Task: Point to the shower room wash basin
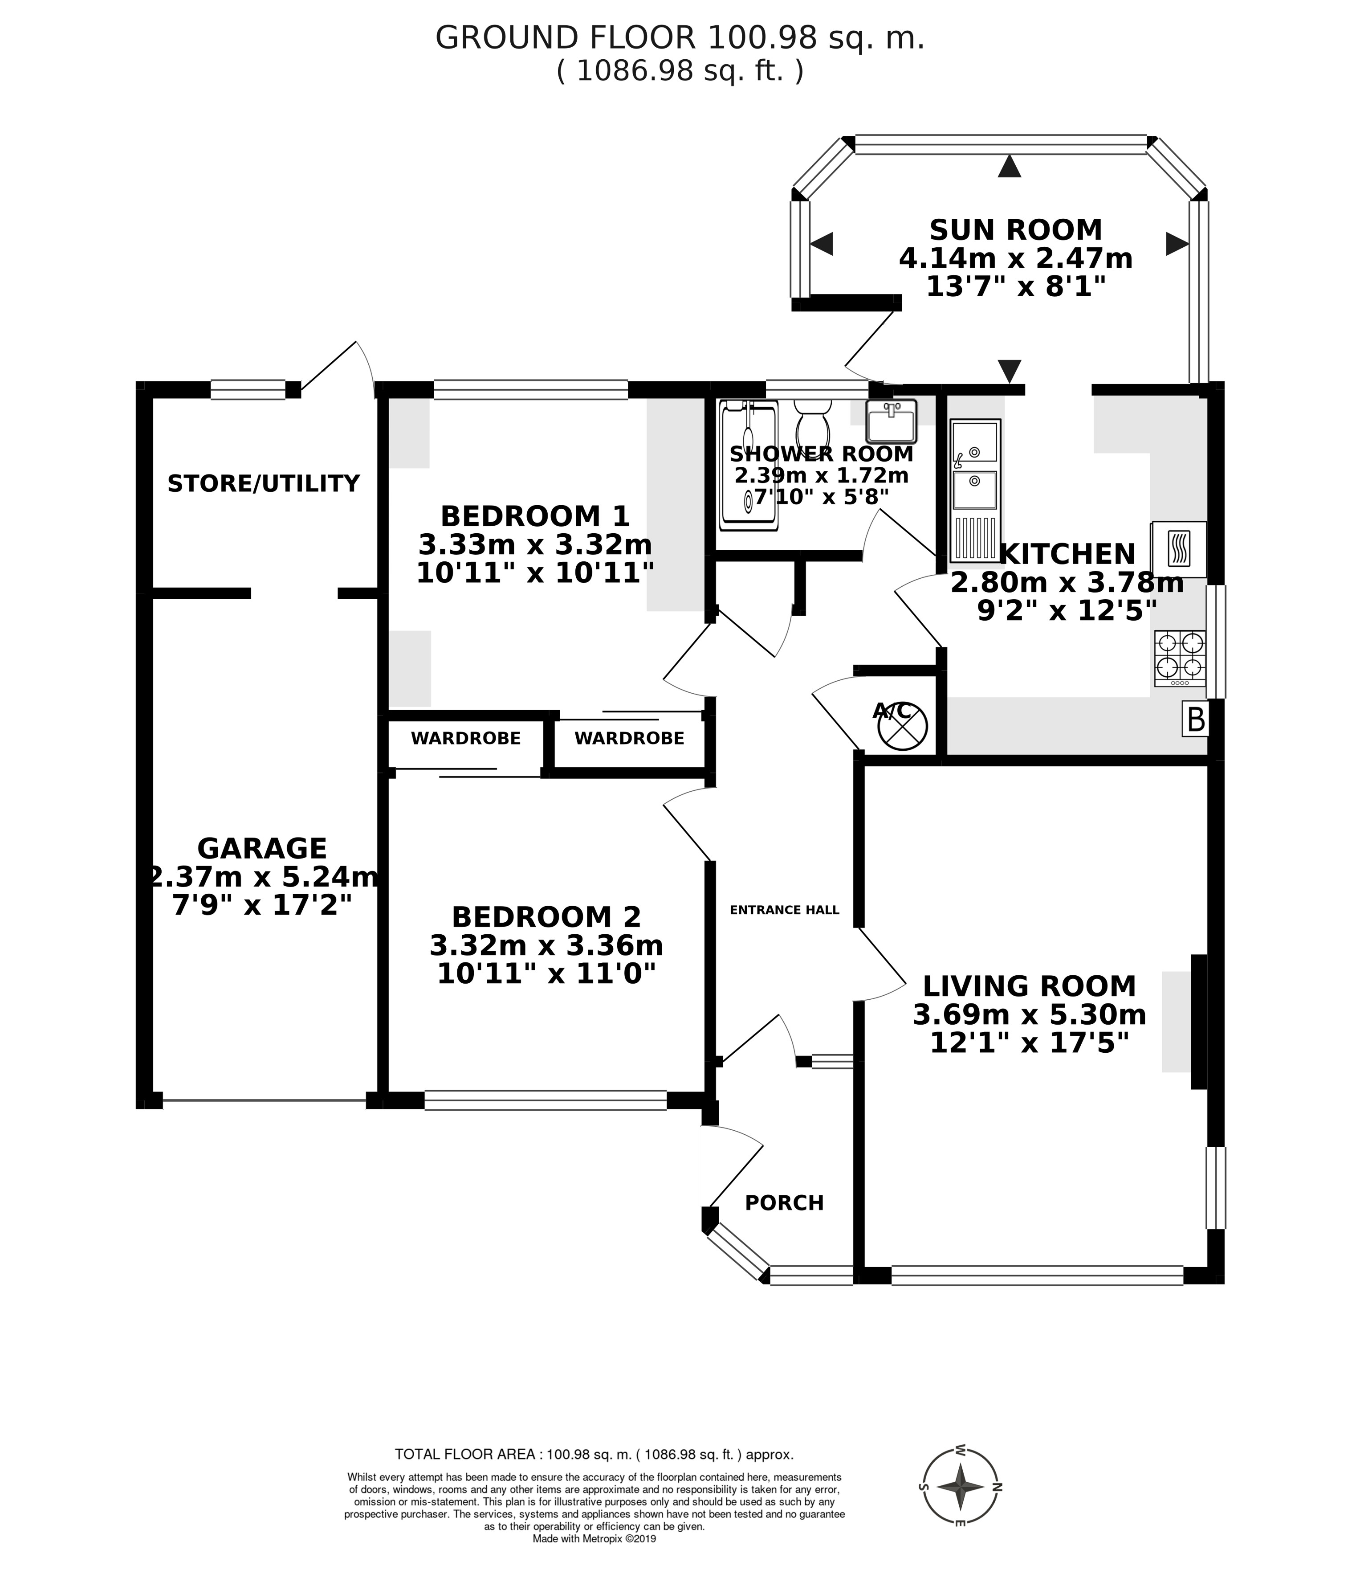click(892, 422)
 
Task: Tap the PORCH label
click(784, 1202)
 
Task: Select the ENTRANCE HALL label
click(784, 909)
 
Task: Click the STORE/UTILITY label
click(263, 483)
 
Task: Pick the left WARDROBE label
click(466, 738)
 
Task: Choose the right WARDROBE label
click(629, 738)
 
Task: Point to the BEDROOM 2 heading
click(546, 917)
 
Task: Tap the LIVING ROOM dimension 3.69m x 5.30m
click(1029, 1014)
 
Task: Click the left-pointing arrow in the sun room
click(822, 244)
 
